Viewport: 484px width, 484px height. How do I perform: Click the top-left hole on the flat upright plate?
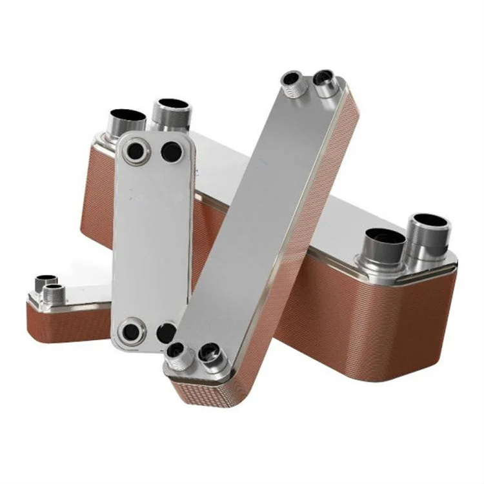click(137, 152)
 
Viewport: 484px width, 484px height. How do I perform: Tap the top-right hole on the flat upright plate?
click(172, 152)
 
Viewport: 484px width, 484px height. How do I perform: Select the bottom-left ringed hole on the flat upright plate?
click(132, 332)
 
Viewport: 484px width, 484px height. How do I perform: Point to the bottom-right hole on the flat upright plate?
click(166, 333)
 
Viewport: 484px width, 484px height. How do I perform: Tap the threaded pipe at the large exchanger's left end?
click(170, 112)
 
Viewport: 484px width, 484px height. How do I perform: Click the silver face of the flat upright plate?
click(152, 239)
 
